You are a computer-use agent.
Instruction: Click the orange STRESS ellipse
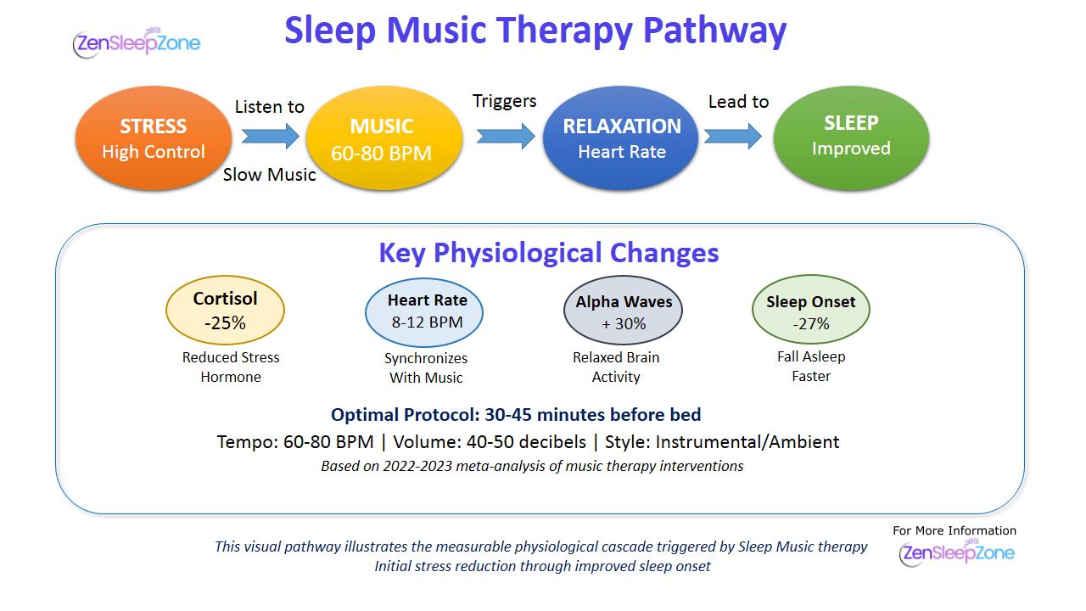[x=154, y=138]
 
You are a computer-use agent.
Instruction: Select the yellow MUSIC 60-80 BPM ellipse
[x=384, y=138]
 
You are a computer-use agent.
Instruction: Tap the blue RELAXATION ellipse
[x=620, y=138]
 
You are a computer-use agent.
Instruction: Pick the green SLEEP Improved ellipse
[x=851, y=138]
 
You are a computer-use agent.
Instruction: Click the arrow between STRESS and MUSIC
[x=271, y=136]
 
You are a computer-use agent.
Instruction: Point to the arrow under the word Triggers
[x=506, y=136]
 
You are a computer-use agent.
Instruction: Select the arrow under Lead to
[x=732, y=136]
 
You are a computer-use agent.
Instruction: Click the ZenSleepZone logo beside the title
[x=137, y=42]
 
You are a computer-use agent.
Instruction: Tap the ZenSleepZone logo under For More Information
[x=956, y=552]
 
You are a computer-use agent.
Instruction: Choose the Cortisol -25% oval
[x=225, y=311]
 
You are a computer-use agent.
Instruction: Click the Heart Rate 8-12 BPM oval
[x=424, y=312]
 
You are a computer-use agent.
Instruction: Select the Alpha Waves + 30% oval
[x=623, y=311]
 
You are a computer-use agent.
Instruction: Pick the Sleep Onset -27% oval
[x=811, y=310]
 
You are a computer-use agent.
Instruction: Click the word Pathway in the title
[x=714, y=31]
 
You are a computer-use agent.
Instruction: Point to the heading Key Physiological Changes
[x=549, y=253]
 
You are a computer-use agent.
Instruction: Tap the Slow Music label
[x=269, y=175]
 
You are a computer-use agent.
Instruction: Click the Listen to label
[x=270, y=107]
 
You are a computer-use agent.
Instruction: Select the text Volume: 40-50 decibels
[x=490, y=442]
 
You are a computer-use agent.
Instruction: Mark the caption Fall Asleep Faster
[x=811, y=367]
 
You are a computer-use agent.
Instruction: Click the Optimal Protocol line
[x=516, y=415]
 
